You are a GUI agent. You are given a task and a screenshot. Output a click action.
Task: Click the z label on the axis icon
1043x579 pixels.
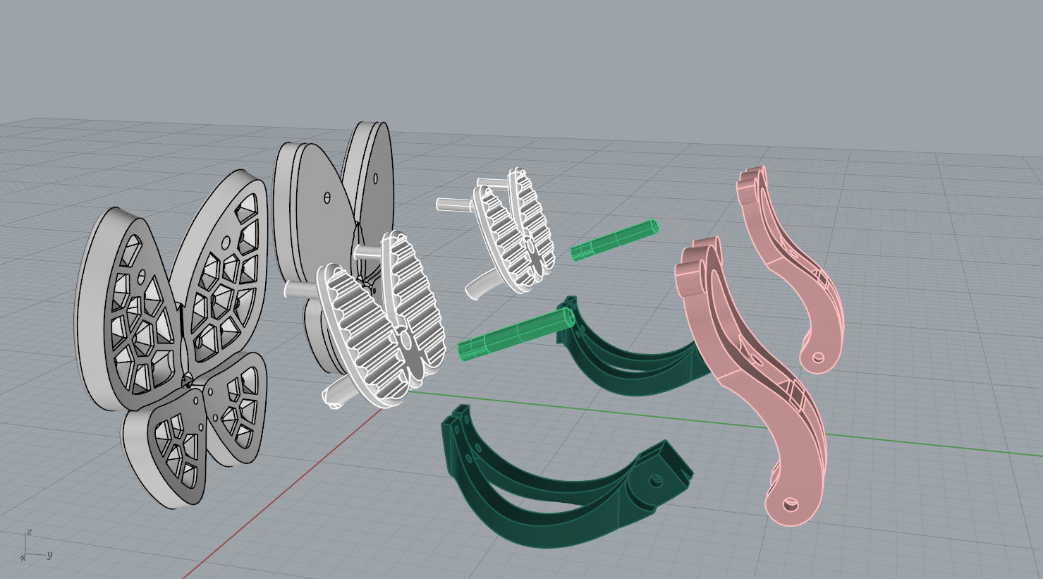pos(29,532)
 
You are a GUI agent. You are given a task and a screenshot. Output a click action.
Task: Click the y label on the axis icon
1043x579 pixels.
pos(49,555)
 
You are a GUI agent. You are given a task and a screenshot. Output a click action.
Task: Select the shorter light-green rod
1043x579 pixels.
pos(614,240)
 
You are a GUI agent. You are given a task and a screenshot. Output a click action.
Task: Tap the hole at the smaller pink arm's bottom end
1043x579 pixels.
pos(818,357)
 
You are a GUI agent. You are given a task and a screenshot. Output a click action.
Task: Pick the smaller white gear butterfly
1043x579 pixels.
pos(513,229)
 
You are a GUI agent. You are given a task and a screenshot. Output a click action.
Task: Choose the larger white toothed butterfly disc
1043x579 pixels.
pos(381,317)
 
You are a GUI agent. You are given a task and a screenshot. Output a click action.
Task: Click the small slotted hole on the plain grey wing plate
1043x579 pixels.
pos(326,197)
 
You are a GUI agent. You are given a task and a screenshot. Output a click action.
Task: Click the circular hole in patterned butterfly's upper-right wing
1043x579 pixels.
pos(226,243)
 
